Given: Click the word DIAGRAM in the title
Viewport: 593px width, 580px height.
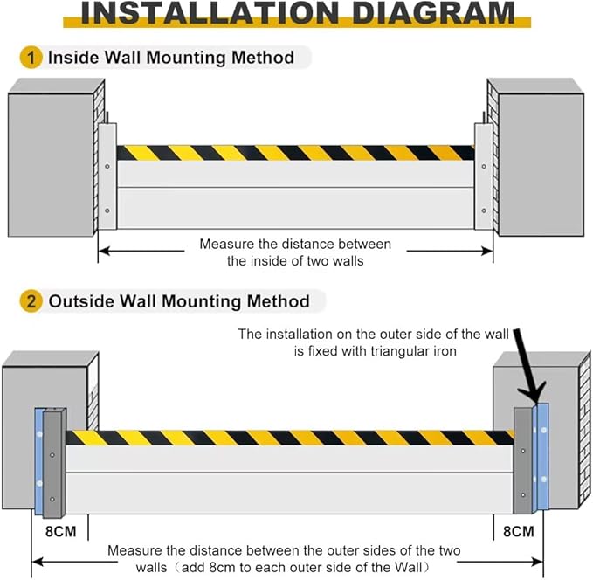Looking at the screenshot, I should (426, 13).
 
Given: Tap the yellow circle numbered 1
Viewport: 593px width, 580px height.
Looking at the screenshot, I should (31, 59).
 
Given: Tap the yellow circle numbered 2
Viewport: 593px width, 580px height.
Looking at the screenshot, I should (31, 301).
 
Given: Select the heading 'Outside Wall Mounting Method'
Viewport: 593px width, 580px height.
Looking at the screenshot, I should (179, 301).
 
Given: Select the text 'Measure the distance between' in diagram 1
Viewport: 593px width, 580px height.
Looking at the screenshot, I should (295, 245).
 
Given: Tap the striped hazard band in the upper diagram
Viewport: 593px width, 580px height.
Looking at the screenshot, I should (295, 153).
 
